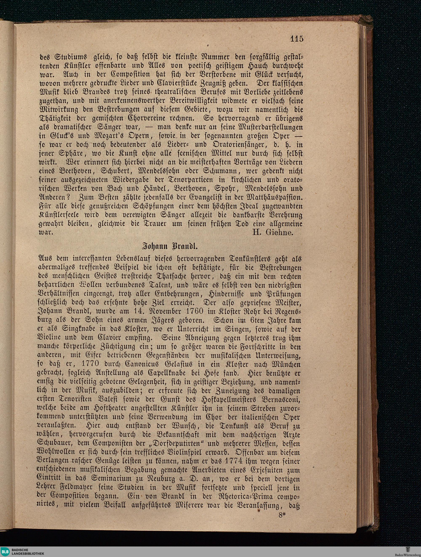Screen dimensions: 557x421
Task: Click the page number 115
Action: click(297, 39)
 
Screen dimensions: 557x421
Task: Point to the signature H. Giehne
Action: click(273, 232)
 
